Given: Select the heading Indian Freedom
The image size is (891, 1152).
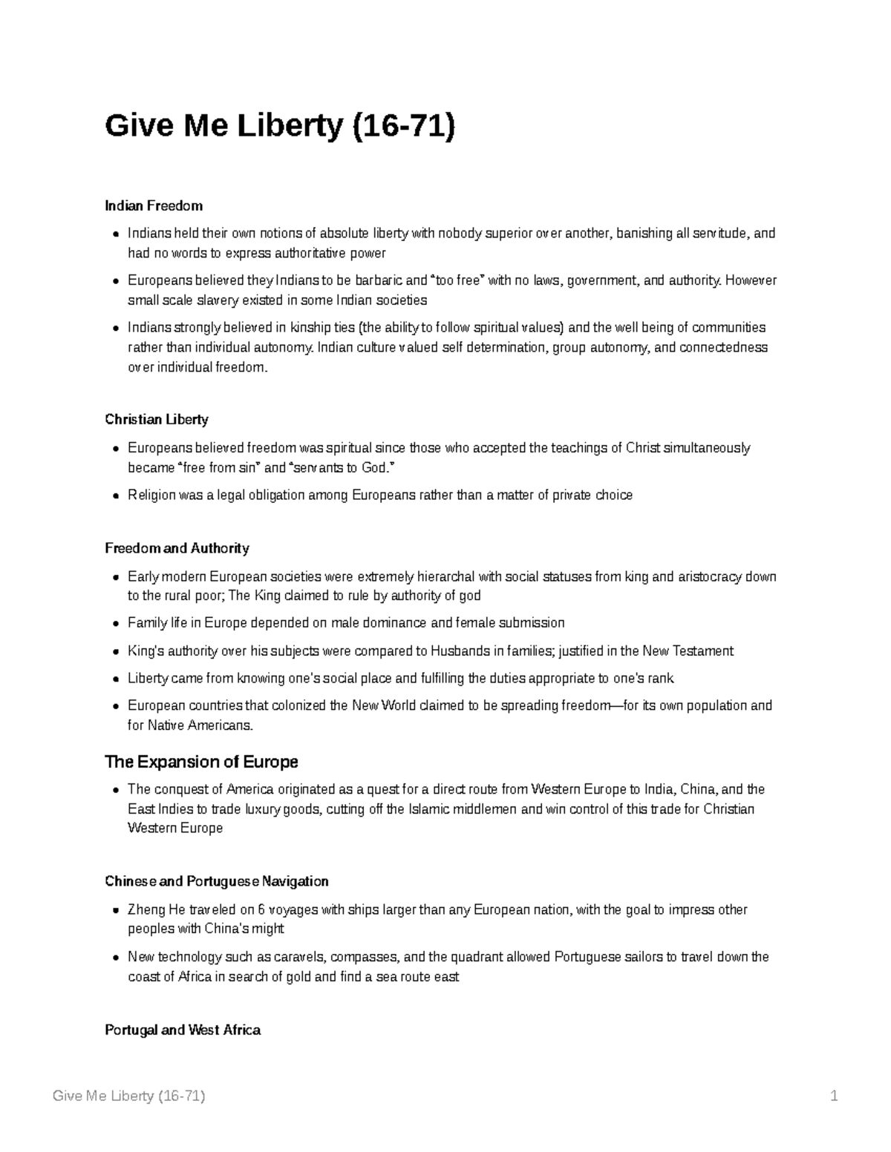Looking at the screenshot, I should [x=154, y=205].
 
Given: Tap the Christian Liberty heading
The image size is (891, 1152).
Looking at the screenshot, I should [x=157, y=420].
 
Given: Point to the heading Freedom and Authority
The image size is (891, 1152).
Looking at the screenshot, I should [x=177, y=548].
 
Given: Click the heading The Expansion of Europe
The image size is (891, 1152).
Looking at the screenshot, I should [x=201, y=762].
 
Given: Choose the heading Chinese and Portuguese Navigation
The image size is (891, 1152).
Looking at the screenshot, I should [x=217, y=881].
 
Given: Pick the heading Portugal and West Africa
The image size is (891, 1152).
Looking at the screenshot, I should [x=183, y=1030].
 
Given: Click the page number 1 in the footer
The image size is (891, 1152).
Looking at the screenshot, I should [x=835, y=1096].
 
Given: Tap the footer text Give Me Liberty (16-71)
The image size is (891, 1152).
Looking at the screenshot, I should [x=129, y=1096].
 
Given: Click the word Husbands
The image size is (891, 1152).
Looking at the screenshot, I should [x=460, y=651].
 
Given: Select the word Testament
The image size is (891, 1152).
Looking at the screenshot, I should [x=705, y=651].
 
